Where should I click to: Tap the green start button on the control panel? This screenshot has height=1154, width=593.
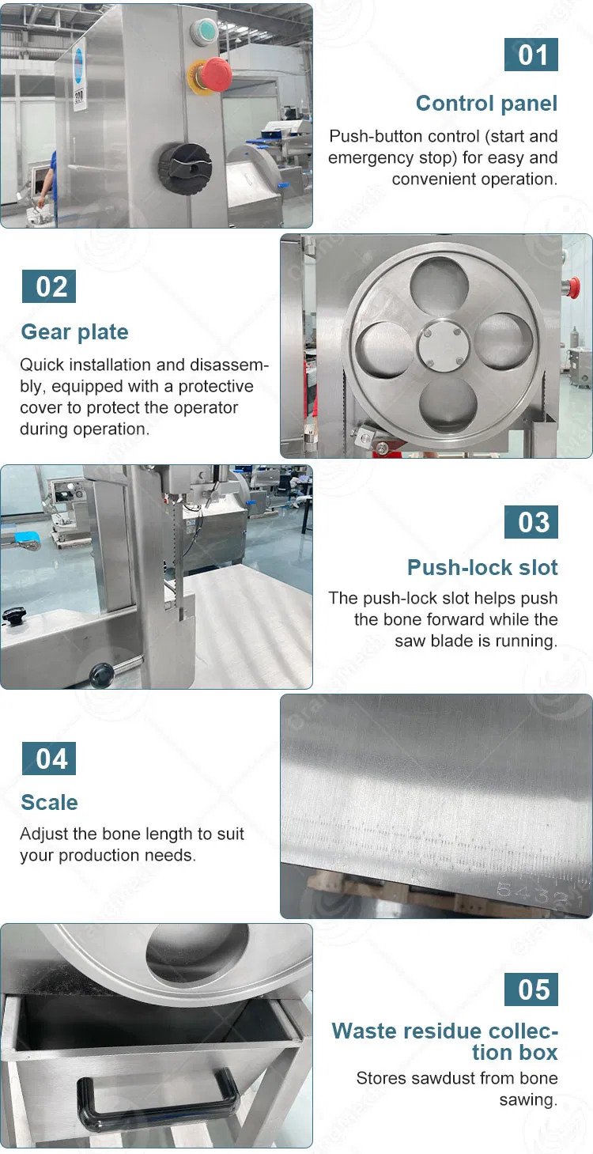point(205,30)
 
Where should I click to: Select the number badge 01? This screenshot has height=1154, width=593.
point(531,55)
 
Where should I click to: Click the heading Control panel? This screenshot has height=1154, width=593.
point(486,103)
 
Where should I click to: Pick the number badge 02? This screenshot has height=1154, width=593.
point(49,286)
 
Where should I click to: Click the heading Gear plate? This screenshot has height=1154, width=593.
point(74,332)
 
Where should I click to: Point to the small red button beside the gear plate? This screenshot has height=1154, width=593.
point(572,287)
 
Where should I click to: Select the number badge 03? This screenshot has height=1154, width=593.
point(531,522)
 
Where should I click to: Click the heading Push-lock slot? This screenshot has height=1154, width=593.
point(482,567)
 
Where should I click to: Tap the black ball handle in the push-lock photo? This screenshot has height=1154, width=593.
point(100,673)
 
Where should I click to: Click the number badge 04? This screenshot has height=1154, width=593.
point(49,759)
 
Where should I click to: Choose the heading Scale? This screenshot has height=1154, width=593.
point(50,802)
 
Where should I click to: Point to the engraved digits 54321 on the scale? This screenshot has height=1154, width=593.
point(538,894)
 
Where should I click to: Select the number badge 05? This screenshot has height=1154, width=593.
point(531,989)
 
